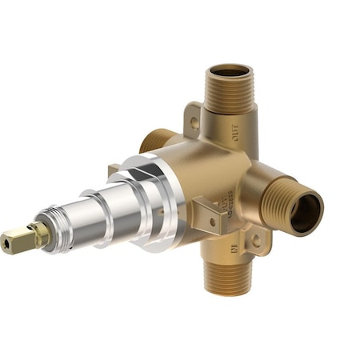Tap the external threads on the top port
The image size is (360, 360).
coord(228,96)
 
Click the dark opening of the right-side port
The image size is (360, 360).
coord(306,211)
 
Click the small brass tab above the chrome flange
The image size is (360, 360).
coord(114,170)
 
